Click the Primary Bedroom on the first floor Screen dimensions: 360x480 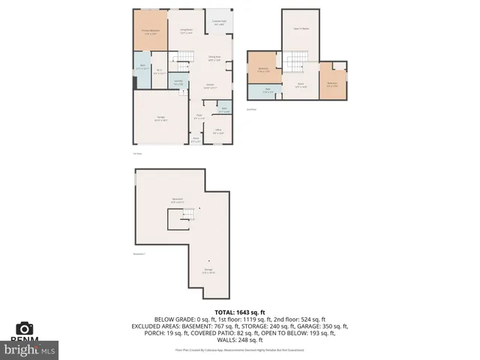tap(150, 32)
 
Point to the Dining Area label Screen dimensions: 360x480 tap(214, 58)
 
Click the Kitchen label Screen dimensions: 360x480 tap(211, 86)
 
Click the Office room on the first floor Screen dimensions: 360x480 tap(217, 133)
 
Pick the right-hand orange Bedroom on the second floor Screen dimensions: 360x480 tap(331, 83)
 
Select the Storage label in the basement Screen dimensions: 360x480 tap(208, 271)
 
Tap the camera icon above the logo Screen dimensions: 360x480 tap(25, 328)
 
